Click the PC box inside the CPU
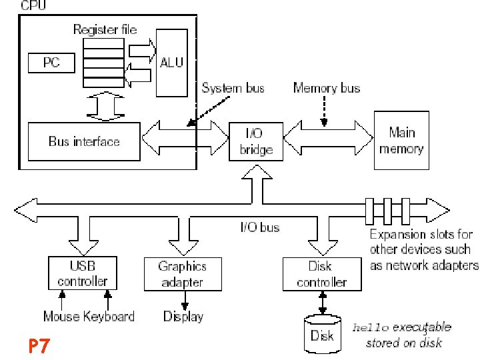coord(51,63)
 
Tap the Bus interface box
coord(84,141)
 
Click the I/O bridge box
coord(255,141)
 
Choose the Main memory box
coord(401,140)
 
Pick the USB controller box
coord(82,273)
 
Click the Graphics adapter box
coord(182,274)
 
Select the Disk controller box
coord(321,274)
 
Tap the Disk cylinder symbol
coord(322,334)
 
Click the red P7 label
coord(39,346)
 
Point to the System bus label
coord(233,88)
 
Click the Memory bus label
coord(326,88)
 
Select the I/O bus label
coord(259,227)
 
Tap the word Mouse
coord(62,316)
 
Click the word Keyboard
coord(109,316)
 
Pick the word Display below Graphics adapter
coord(183,316)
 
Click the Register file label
coord(105,29)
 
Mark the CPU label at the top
coord(34,6)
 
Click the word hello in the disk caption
coord(370,328)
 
